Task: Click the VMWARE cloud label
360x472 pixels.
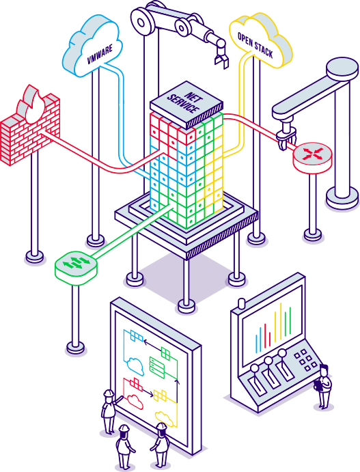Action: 100,54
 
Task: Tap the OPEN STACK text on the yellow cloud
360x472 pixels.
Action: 255,45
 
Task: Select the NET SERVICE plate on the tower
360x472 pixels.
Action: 186,104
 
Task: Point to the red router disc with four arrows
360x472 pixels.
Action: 312,158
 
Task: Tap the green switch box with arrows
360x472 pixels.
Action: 76,266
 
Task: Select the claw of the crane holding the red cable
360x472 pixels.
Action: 286,137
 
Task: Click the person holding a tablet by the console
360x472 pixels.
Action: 323,386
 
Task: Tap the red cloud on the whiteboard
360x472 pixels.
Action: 135,402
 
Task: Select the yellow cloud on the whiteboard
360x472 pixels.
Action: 164,419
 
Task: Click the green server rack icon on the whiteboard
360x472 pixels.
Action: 157,367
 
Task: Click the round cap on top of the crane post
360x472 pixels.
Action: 343,68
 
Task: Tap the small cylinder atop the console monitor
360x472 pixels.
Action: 241,303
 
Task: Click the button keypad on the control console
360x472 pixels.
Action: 305,359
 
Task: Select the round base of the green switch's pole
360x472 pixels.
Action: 76,348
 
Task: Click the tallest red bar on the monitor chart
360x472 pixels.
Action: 265,335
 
